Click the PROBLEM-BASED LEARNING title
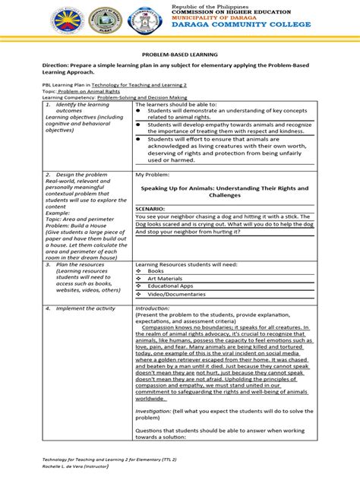pyautogui.click(x=179, y=55)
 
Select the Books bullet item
pyautogui.click(x=156, y=270)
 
